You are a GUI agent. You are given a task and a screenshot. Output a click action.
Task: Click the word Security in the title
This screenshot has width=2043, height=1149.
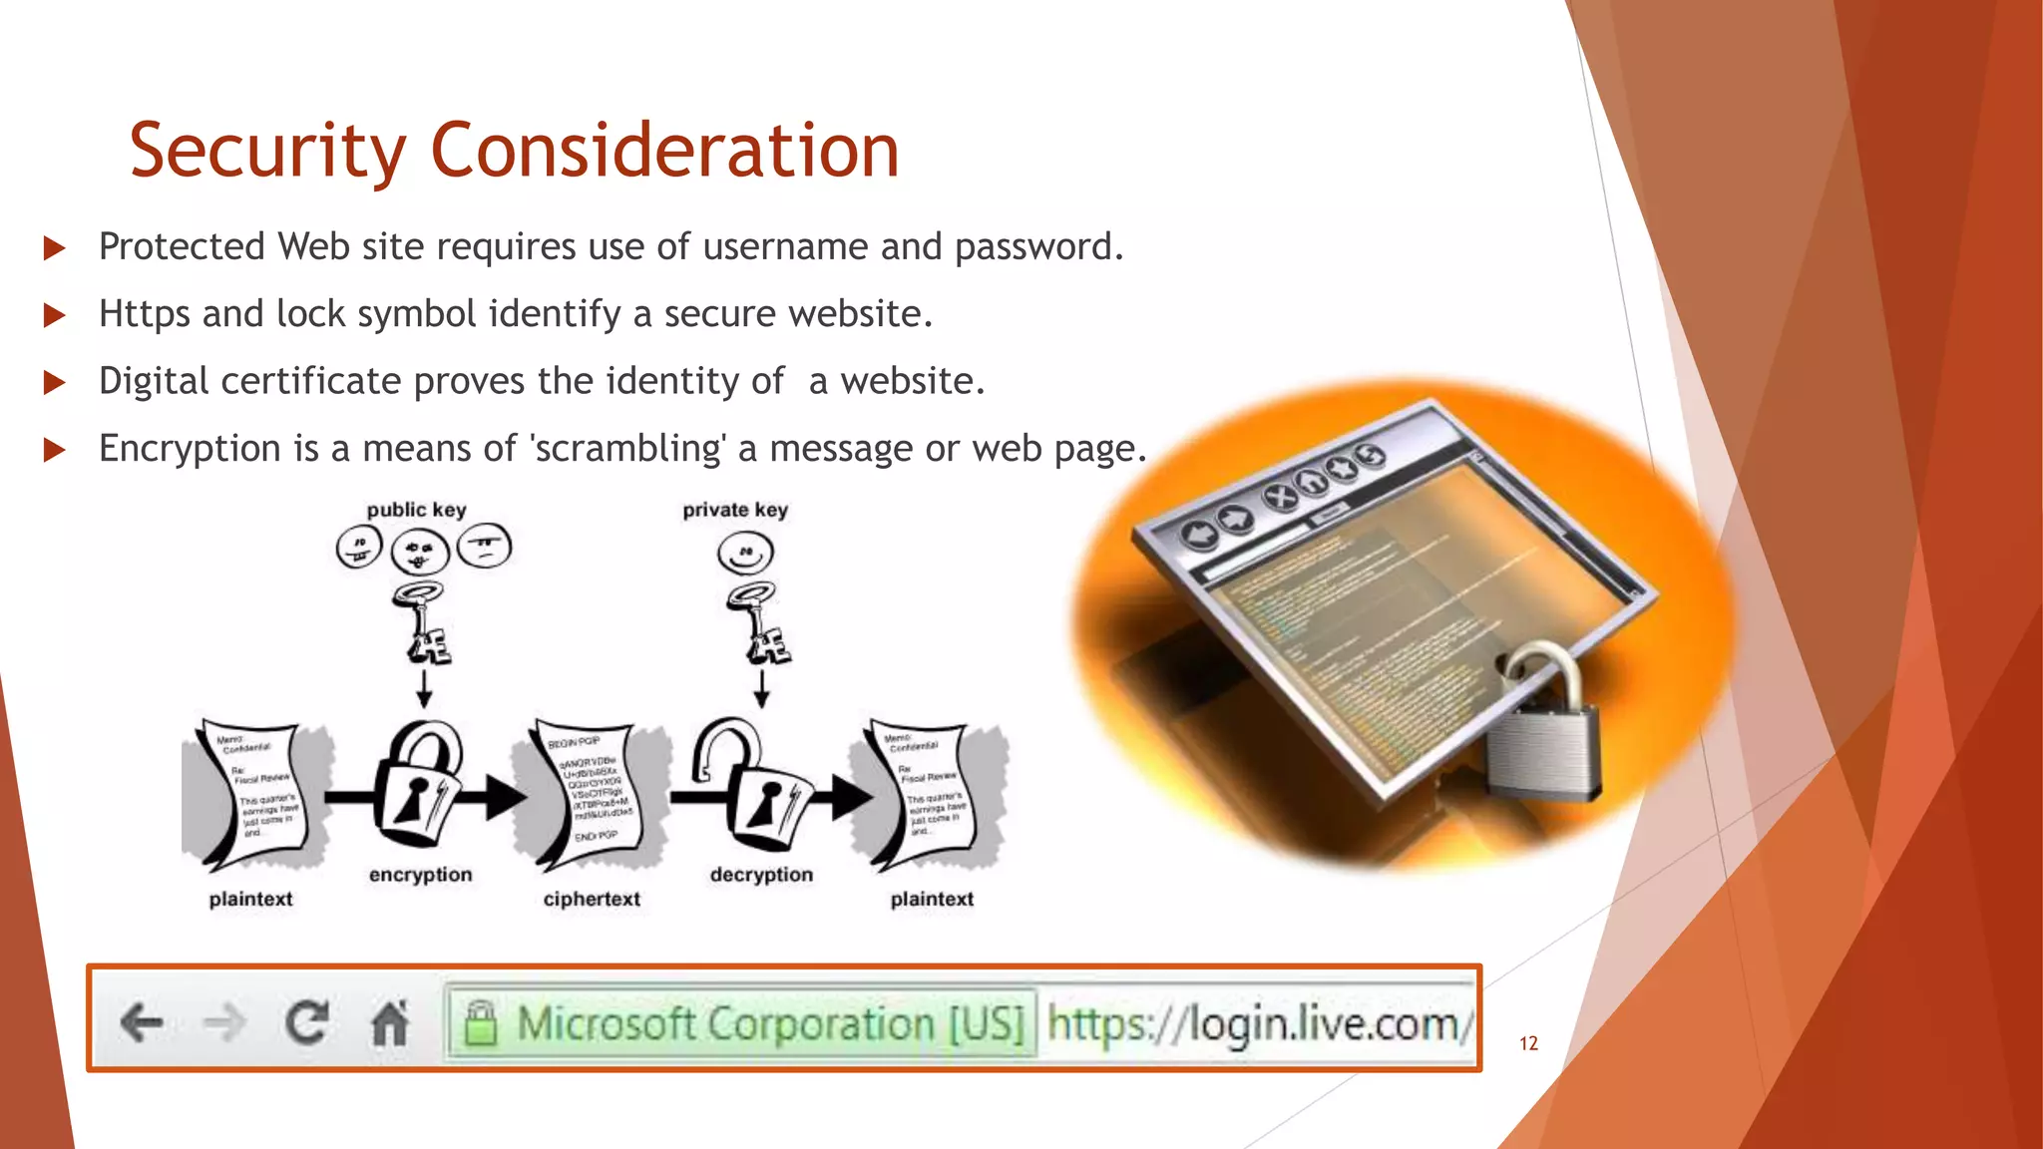267,152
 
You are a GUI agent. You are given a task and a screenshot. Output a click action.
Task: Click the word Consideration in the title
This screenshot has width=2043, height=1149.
664,152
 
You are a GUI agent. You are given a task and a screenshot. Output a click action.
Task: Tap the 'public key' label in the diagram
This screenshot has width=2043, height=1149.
416,510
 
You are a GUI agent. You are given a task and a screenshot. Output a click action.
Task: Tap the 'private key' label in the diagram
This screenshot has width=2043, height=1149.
735,510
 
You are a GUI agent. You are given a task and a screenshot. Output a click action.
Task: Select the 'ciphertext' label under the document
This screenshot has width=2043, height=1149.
592,899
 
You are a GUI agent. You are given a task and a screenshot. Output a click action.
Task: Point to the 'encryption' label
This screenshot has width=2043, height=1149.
420,875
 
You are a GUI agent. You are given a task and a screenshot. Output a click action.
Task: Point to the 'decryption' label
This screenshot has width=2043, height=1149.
761,875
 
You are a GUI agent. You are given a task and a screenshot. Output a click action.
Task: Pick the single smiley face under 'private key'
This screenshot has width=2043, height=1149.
745,553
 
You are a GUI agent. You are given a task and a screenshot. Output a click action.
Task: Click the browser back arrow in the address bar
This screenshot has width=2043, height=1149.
142,1022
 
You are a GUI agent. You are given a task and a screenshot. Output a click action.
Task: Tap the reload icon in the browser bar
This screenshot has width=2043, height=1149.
306,1022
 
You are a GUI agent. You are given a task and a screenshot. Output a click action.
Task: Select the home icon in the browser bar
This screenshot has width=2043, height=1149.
389,1022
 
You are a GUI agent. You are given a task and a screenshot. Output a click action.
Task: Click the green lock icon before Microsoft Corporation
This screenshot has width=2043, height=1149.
481,1023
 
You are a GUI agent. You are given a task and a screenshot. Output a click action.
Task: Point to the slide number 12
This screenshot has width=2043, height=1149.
1528,1043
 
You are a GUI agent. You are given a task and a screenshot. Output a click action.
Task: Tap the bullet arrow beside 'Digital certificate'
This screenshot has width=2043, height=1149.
55,382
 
